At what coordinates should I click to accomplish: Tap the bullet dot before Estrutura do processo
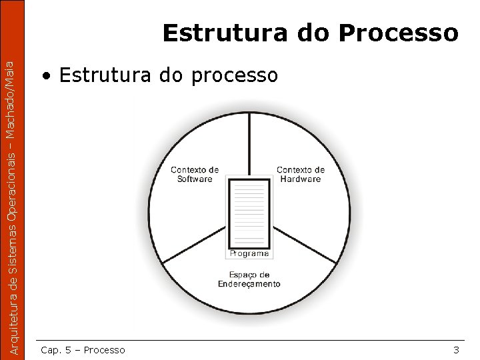click(45, 76)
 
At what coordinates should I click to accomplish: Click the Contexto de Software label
click(195, 174)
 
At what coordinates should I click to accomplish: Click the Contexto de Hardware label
click(301, 174)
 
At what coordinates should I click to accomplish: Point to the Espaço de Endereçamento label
click(249, 279)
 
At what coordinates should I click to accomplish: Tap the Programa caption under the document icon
click(249, 253)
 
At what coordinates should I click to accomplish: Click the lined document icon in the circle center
click(249, 212)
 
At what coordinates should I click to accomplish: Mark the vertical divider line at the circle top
click(249, 140)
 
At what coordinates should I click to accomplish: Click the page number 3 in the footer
click(456, 350)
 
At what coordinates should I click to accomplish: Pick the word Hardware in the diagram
click(301, 179)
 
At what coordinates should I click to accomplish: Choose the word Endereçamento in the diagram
click(249, 284)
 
